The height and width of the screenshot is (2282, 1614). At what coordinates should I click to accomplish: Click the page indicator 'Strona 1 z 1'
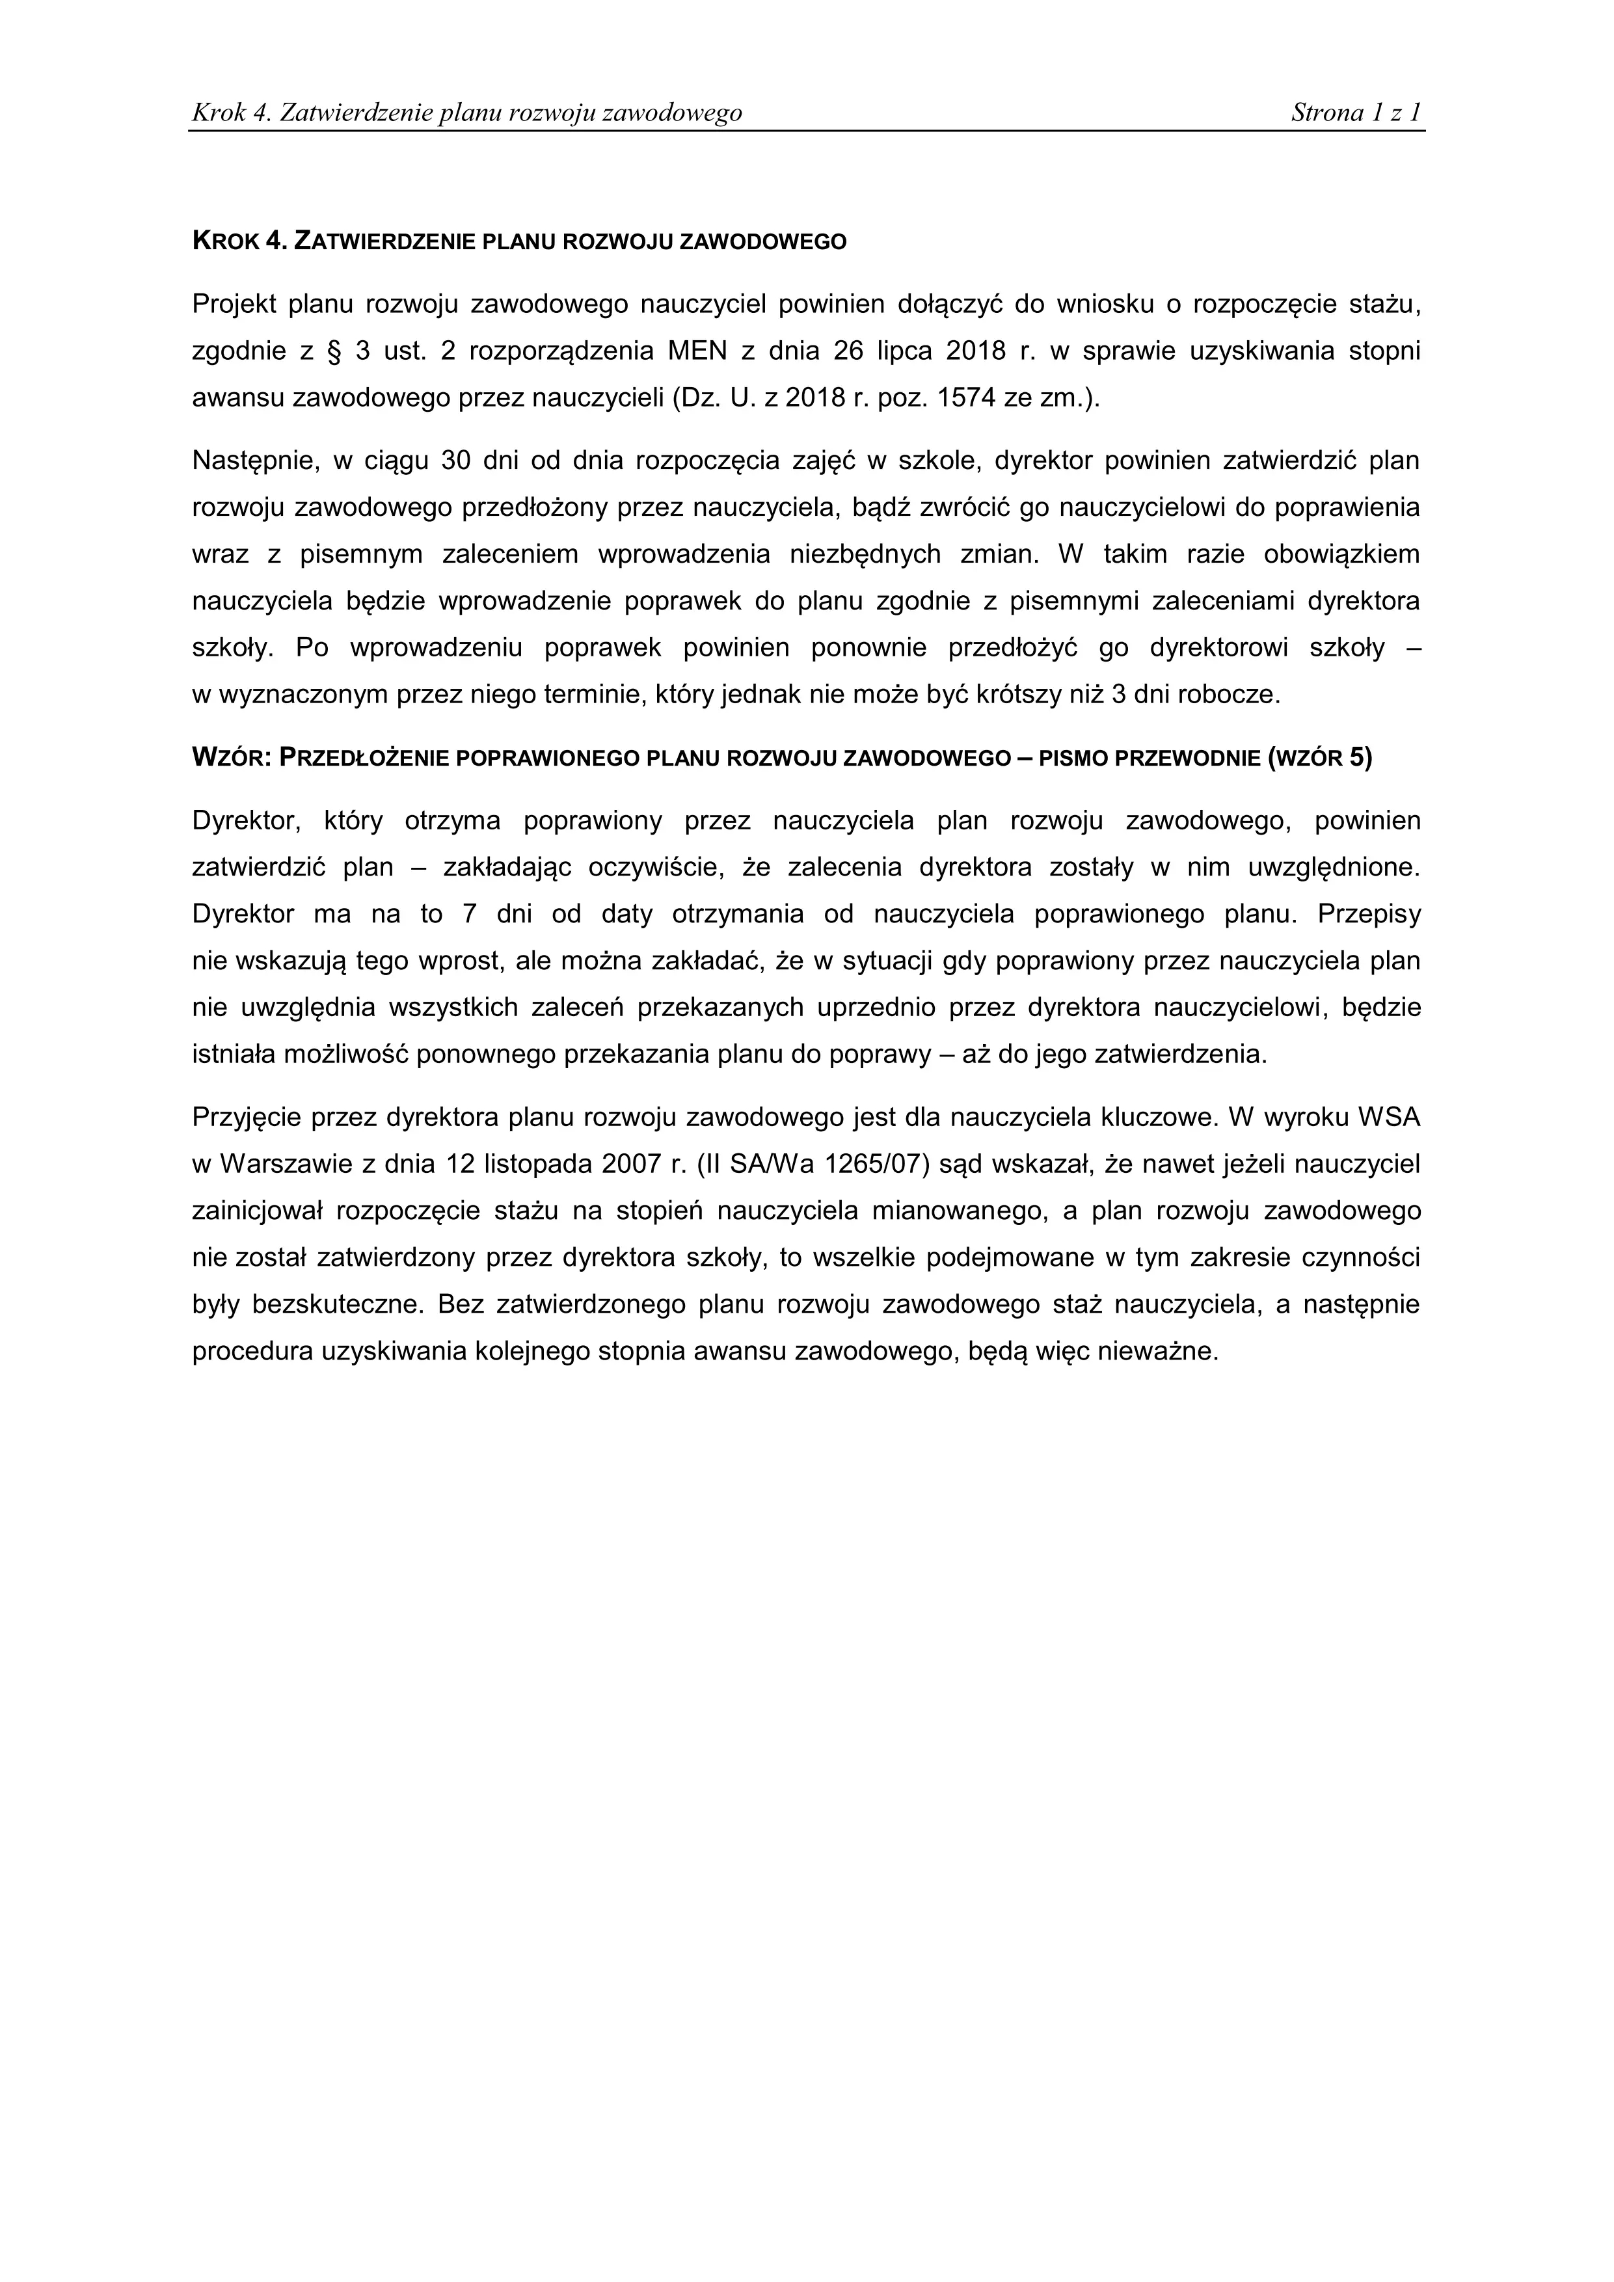pos(1356,113)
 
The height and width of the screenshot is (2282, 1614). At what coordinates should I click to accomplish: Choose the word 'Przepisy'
pos(1369,915)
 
